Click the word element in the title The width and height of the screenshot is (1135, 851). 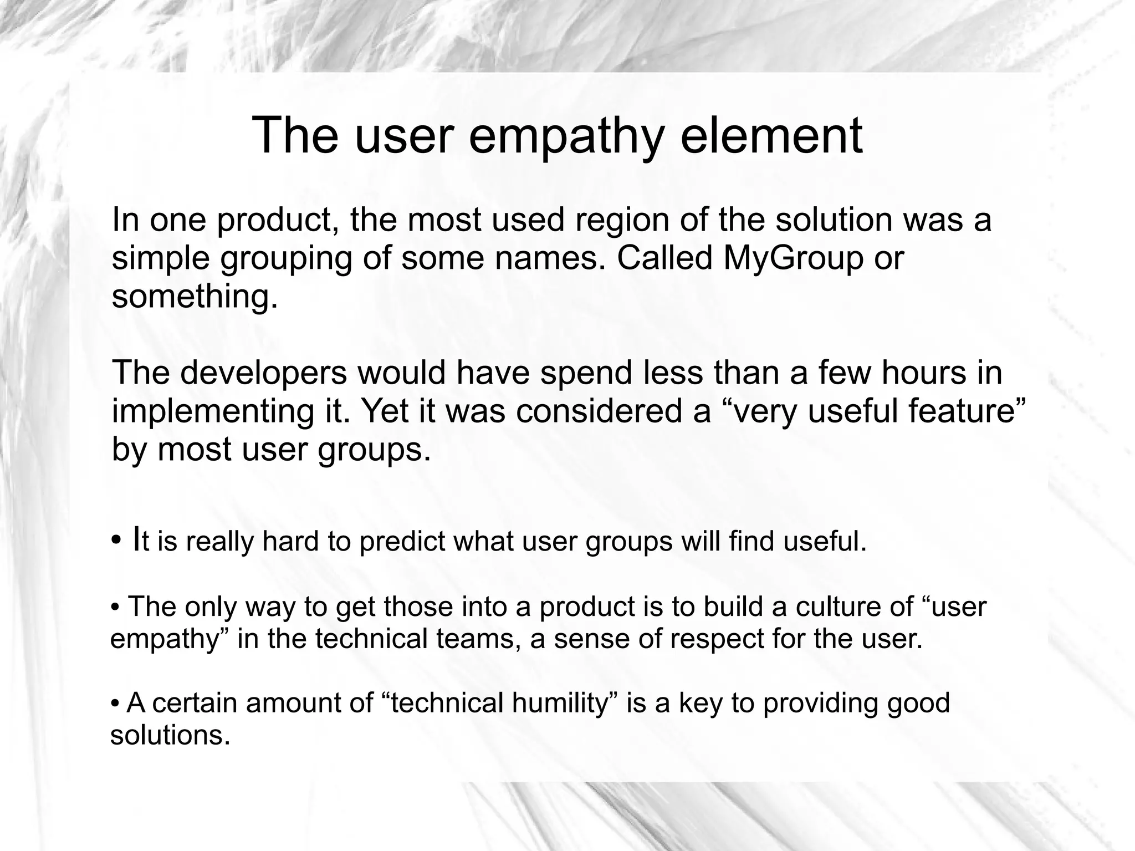click(771, 136)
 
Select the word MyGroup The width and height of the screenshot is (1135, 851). click(793, 258)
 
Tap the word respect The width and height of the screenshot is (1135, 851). click(717, 639)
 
